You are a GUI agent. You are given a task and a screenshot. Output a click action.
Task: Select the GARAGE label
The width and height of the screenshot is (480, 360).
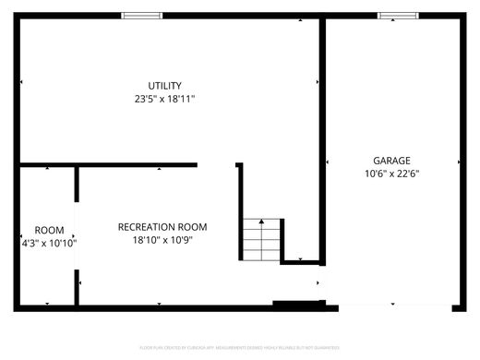[x=391, y=161]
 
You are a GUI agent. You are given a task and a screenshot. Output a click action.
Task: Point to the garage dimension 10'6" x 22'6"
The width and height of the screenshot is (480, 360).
[x=391, y=173]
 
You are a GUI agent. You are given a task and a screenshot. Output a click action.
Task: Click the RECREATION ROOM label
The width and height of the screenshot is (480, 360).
[x=162, y=227]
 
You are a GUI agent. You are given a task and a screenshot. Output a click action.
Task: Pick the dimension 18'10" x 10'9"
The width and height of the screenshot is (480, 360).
[x=162, y=240]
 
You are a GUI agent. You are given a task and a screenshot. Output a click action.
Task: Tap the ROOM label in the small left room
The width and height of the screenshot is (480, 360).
[x=49, y=231]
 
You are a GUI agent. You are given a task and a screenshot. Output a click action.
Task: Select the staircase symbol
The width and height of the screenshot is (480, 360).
[x=262, y=240]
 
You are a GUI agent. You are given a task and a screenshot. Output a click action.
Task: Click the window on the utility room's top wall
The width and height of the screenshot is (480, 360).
[x=141, y=16]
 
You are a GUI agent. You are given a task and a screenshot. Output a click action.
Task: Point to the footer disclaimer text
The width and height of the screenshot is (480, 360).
[x=240, y=348]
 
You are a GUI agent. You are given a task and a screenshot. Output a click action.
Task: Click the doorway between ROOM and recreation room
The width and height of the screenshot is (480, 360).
[x=77, y=235]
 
